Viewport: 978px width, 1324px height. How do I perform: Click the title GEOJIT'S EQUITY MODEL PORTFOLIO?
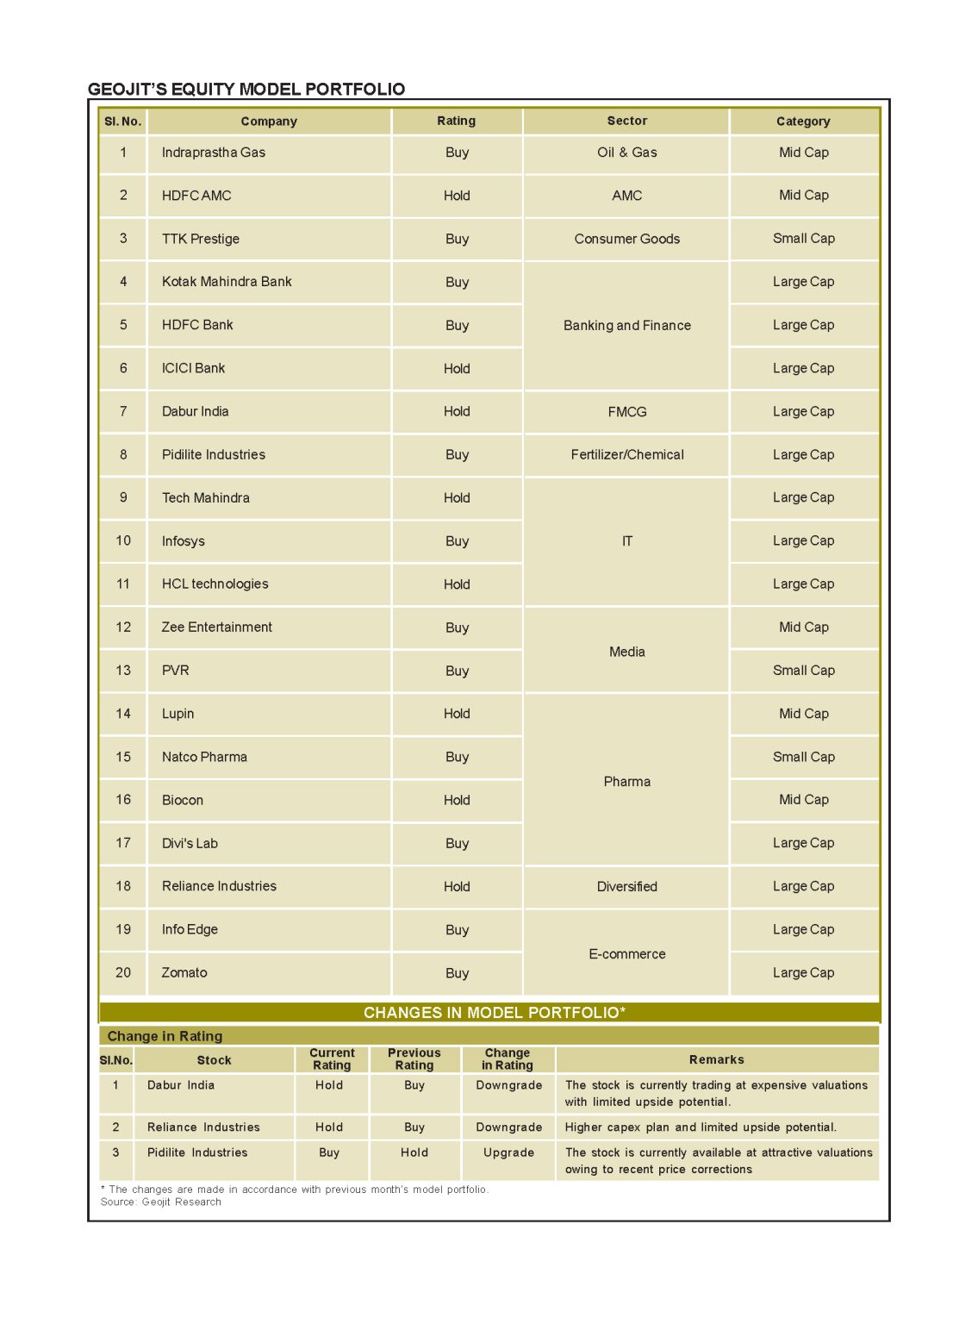(246, 89)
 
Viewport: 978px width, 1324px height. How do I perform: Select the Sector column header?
(626, 121)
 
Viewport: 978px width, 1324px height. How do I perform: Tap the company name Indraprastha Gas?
(214, 153)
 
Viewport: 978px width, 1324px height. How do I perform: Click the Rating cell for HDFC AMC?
(457, 196)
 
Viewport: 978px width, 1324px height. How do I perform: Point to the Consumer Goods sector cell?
(626, 239)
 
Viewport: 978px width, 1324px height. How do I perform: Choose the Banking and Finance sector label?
(626, 325)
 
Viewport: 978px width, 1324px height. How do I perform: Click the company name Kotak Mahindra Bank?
(227, 282)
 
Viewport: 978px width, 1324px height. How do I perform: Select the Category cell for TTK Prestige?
(803, 239)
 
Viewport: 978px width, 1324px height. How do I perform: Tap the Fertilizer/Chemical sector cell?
(626, 454)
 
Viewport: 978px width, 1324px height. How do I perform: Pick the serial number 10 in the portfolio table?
(123, 540)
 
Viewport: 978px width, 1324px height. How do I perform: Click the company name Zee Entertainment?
(216, 627)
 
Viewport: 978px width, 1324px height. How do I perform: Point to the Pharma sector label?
(626, 782)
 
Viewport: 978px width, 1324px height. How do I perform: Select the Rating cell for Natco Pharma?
(457, 757)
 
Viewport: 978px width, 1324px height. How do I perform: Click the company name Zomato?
(184, 972)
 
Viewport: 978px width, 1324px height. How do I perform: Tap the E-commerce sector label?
(626, 954)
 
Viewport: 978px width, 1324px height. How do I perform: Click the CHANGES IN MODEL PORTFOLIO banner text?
(494, 1012)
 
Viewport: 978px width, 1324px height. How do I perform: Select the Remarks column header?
(716, 1059)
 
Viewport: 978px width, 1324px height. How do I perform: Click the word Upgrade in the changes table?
(508, 1152)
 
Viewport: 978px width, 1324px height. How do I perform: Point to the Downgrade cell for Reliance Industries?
(508, 1127)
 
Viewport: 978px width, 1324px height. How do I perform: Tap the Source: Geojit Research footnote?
(161, 1202)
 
